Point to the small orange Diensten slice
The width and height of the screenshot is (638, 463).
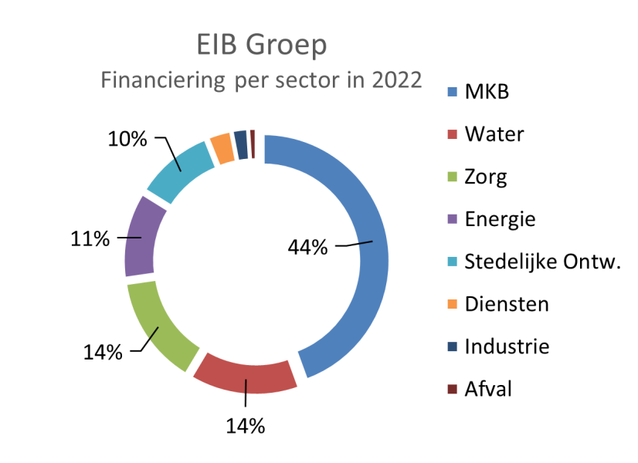[222, 147]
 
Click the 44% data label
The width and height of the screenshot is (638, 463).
[308, 248]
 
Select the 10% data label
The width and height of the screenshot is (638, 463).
[127, 139]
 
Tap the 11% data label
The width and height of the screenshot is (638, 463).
[91, 239]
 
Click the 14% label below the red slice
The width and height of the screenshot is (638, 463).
[246, 425]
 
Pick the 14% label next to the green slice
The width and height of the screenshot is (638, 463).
[103, 353]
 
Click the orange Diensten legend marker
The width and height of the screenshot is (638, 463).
[453, 305]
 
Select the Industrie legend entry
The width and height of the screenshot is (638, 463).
[506, 346]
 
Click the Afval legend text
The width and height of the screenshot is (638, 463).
[488, 389]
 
